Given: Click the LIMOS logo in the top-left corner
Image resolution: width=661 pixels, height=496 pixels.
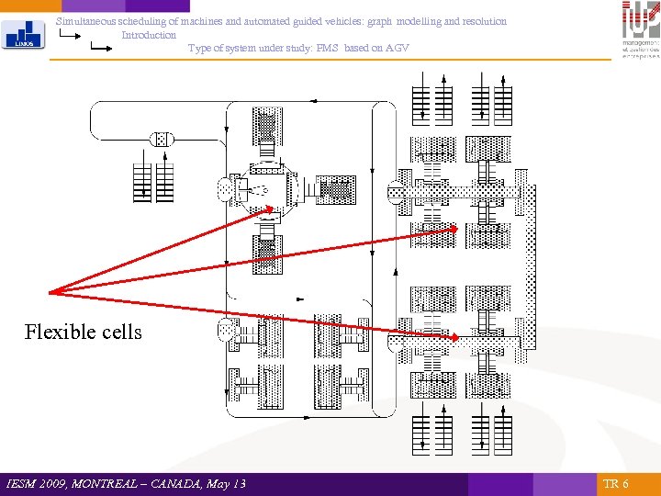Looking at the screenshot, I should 21,35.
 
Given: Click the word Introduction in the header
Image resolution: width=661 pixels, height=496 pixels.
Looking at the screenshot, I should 149,35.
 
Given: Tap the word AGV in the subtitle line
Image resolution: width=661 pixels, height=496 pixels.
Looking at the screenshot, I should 397,48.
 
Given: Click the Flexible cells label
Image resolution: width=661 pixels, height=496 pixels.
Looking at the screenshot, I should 84,332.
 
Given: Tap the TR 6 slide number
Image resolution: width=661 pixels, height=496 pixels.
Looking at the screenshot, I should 615,484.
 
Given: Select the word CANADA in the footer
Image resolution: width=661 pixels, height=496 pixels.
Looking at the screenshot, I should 181,484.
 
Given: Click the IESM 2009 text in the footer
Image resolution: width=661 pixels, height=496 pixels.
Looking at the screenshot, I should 38,484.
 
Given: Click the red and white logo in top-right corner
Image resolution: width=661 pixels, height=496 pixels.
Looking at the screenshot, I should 640,29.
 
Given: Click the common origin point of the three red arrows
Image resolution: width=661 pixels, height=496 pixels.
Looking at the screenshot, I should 50,293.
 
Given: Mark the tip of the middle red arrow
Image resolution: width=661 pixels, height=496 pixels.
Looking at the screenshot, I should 456,231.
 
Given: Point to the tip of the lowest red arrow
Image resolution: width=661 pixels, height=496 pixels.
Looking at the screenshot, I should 456,339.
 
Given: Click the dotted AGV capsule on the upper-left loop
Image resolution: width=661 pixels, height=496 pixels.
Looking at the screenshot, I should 161,139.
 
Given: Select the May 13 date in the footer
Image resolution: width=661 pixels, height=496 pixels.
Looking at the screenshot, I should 227,484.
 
